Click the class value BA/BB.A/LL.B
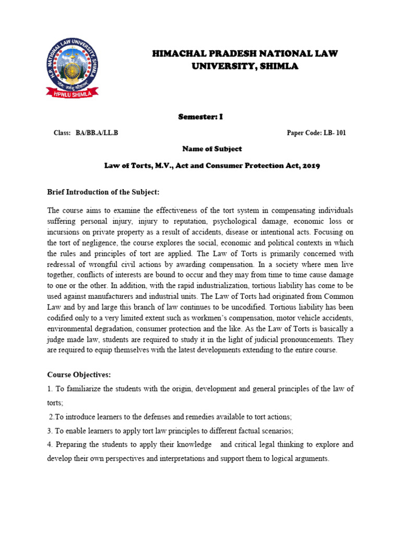[x=97, y=133]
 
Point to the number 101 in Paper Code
[x=341, y=133]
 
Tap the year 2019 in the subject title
[x=308, y=166]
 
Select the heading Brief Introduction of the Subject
[x=103, y=193]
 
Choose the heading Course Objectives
[x=79, y=375]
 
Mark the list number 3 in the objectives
[x=49, y=431]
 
